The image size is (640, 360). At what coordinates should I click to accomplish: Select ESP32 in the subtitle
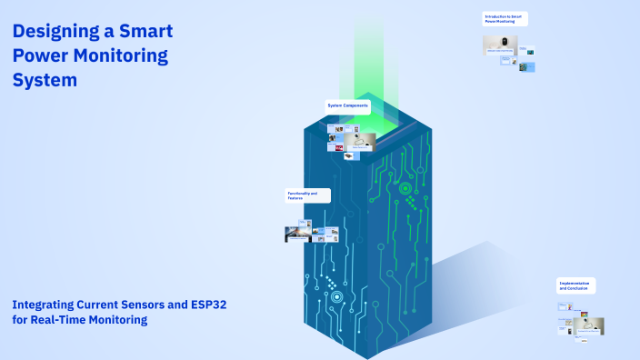tap(206, 305)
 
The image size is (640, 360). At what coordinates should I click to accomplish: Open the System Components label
tap(348, 106)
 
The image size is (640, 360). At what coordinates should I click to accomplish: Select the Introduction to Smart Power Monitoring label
tap(505, 18)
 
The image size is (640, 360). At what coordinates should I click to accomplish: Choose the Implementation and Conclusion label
tap(576, 285)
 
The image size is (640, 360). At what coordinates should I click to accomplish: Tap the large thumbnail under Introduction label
tap(500, 45)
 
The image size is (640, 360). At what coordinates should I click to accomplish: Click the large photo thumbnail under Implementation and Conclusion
tap(589, 325)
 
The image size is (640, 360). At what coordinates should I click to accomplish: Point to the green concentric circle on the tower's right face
tap(405, 188)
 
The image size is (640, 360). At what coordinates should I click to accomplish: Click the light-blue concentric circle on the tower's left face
tap(336, 296)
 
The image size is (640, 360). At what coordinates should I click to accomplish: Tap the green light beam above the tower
tap(369, 64)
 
